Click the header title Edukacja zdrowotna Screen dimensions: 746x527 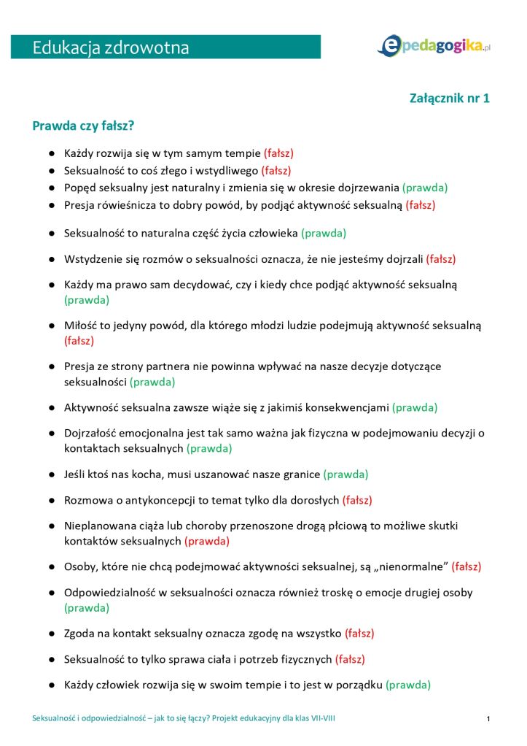(111, 48)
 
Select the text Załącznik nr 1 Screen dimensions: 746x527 (450, 98)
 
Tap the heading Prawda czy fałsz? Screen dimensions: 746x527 (83, 126)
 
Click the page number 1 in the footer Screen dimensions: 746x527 (488, 720)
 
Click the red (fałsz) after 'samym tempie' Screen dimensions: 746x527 (278, 153)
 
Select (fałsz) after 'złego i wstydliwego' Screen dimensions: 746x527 (276, 171)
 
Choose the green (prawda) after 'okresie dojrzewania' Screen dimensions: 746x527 (425, 188)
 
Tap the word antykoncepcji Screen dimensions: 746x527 (162, 500)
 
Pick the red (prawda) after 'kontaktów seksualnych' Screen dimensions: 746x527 (207, 541)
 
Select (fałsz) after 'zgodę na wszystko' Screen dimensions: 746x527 (359, 633)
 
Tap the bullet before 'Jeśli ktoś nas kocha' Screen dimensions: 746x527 (52, 474)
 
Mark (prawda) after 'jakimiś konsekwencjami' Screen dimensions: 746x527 (415, 407)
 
